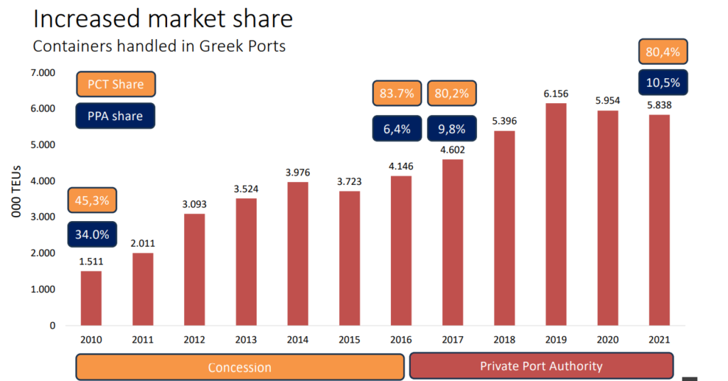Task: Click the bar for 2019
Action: (x=556, y=215)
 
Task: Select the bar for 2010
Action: (x=90, y=299)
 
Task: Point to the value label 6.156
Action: (x=556, y=94)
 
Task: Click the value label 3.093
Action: (x=194, y=204)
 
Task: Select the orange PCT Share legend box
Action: (x=115, y=85)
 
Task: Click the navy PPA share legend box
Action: (x=115, y=116)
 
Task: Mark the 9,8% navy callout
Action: (x=452, y=129)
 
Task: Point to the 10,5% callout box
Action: (x=663, y=82)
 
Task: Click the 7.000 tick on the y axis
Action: (x=43, y=73)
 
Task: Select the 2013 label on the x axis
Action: (x=245, y=340)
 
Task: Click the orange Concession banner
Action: (x=240, y=367)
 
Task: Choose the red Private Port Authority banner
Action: (x=541, y=367)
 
